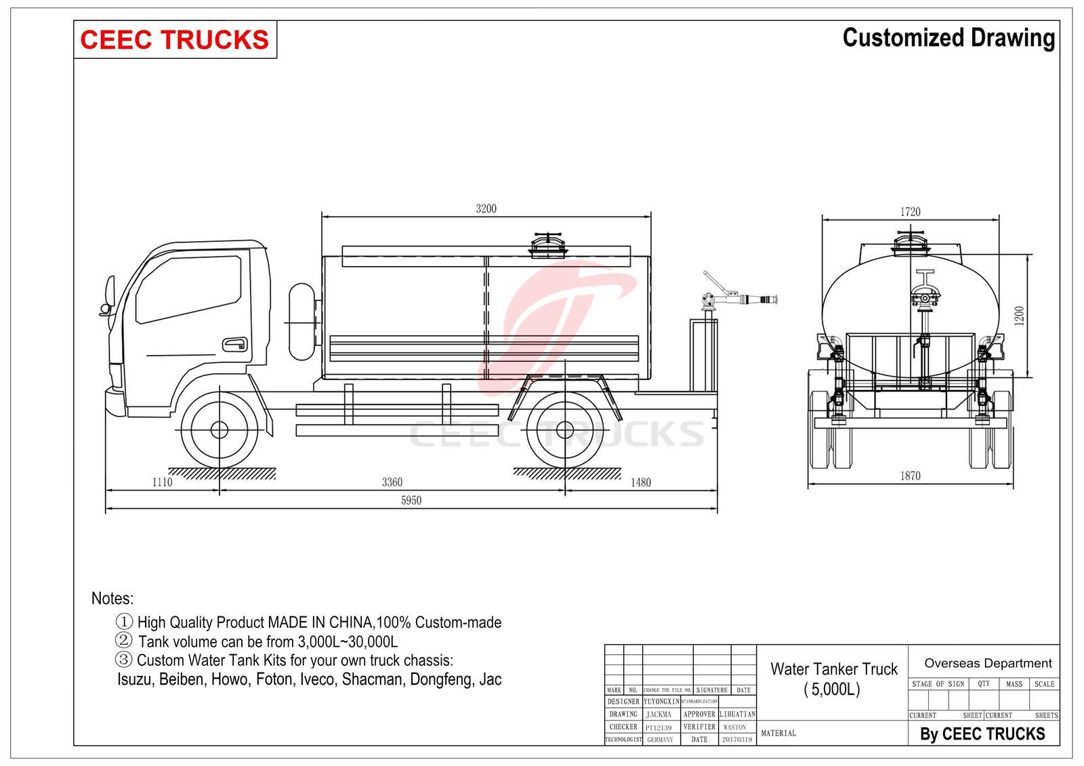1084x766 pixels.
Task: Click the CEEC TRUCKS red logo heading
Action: coord(174,39)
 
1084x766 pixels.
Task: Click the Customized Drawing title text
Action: coord(948,38)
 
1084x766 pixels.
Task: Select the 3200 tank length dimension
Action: coord(486,209)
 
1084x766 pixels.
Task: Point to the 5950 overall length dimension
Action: coord(411,501)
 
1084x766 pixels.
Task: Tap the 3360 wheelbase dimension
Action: coord(392,482)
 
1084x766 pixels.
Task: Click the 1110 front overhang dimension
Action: coord(162,482)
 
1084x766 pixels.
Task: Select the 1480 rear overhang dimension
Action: coord(640,482)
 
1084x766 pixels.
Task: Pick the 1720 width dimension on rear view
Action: coord(911,211)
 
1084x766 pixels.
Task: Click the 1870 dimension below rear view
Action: coord(911,476)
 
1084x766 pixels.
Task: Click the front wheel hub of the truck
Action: coord(220,429)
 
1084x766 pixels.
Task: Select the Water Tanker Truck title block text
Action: coord(833,678)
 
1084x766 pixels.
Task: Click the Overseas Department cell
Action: coord(987,663)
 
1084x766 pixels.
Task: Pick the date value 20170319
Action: coord(736,740)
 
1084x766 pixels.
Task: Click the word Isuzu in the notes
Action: coord(135,679)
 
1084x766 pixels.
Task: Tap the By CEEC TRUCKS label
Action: coord(982,733)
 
